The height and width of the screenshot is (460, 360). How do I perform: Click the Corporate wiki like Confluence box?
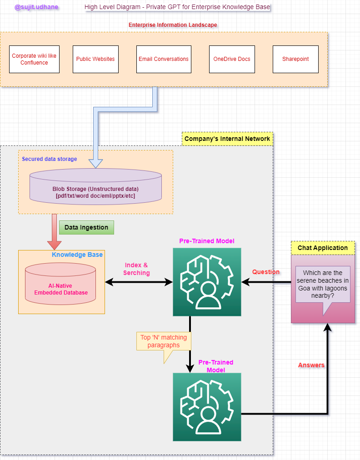[34, 59]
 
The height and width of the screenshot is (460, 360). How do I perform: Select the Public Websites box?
[95, 59]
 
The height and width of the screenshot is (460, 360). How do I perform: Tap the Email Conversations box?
[164, 59]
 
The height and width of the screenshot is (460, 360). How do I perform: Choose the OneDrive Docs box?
[232, 59]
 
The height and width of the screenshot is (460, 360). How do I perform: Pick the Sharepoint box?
[295, 59]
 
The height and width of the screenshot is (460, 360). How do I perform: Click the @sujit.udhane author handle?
[36, 7]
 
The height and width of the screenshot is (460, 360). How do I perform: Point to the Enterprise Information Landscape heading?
[173, 25]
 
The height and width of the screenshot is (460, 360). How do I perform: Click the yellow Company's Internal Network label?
[227, 139]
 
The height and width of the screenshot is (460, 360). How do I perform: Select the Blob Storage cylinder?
[95, 186]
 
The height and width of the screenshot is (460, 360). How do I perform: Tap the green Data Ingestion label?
[86, 227]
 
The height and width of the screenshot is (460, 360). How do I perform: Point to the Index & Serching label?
[136, 269]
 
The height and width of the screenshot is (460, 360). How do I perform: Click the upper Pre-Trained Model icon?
[207, 282]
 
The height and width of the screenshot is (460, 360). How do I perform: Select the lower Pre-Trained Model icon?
[207, 407]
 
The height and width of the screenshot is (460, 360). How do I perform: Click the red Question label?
[266, 272]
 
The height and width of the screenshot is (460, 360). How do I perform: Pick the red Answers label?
[311, 365]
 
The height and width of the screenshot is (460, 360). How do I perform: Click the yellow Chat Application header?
[323, 248]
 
